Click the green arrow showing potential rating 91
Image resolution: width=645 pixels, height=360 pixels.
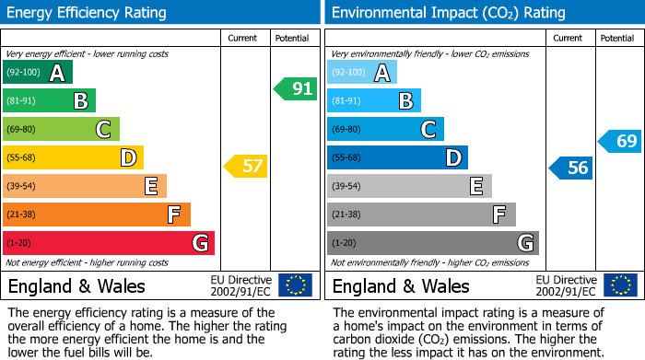(295, 89)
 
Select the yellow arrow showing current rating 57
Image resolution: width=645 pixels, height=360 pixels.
(245, 167)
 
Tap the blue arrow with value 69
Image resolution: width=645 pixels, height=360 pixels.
(619, 141)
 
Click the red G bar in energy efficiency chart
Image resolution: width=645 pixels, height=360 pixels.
(108, 243)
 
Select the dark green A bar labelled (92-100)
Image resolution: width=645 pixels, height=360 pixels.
(37, 73)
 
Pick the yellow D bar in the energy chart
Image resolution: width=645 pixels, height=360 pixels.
(73, 157)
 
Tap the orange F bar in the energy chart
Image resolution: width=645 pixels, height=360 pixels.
(96, 215)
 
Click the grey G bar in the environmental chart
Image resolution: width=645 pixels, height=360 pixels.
(432, 243)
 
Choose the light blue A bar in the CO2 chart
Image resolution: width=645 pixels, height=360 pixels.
(361, 73)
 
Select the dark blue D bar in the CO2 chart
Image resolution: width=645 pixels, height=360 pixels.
(397, 157)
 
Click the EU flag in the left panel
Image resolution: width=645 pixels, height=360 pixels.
(295, 285)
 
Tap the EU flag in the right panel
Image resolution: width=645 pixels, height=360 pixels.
(619, 285)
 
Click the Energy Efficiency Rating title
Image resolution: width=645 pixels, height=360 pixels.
(88, 13)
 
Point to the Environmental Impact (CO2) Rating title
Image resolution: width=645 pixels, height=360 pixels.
(448, 13)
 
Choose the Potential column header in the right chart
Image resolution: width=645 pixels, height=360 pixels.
(617, 38)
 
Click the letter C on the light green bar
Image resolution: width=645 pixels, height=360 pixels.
(104, 130)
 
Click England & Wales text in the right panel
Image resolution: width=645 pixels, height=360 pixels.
(401, 285)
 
